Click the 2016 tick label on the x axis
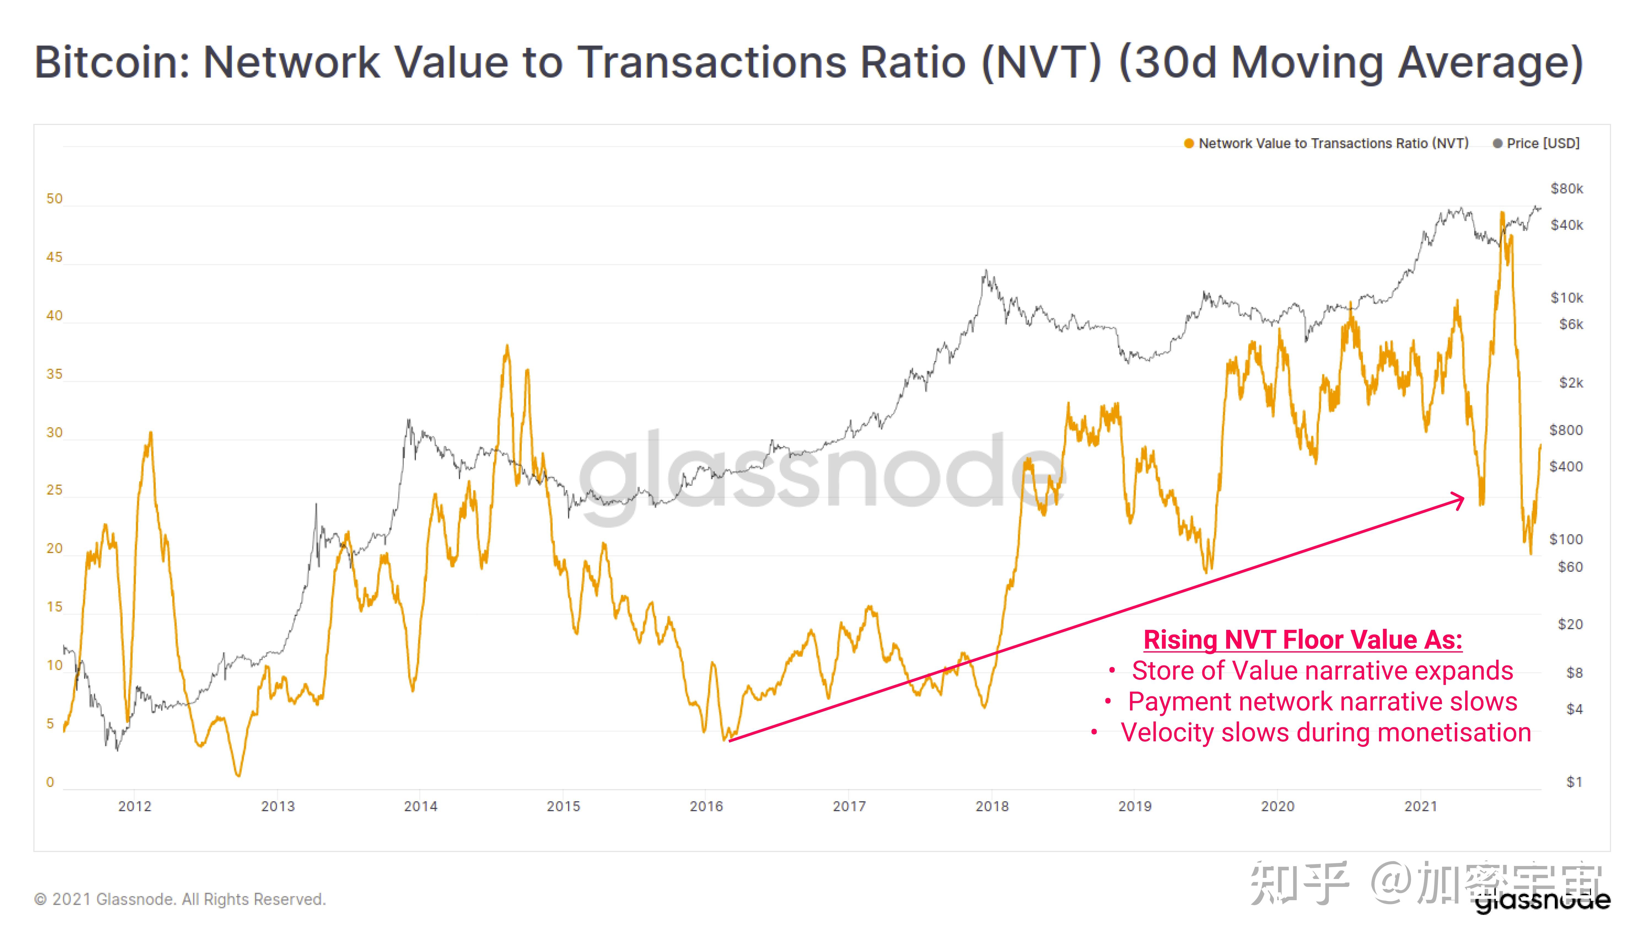(x=706, y=806)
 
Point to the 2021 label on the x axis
(x=1421, y=806)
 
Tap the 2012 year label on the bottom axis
(x=135, y=806)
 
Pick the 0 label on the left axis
(x=50, y=782)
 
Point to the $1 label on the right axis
(x=1574, y=782)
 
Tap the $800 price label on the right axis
(x=1566, y=430)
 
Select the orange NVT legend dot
(x=1189, y=143)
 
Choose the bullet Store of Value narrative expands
(x=1322, y=671)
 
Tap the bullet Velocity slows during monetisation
(x=1325, y=733)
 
